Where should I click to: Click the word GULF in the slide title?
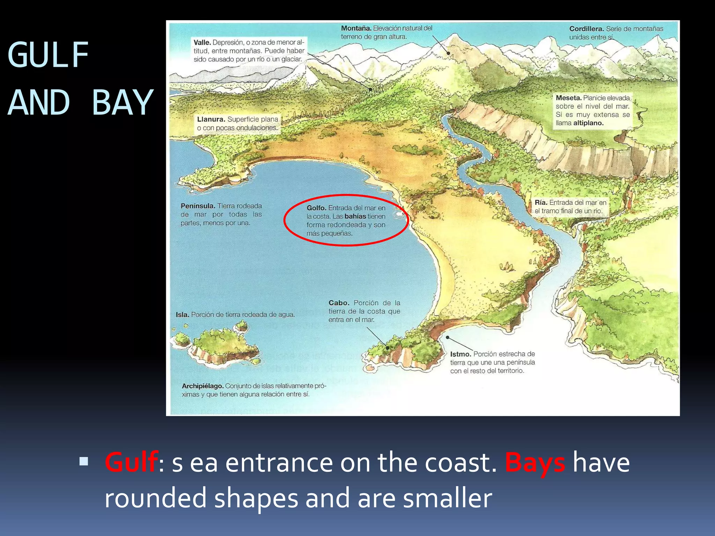[48, 55]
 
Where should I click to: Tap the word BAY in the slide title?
[122, 103]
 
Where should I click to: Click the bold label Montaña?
[356, 28]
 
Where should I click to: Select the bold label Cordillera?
[586, 29]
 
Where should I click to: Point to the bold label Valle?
[202, 43]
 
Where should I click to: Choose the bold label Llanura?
[211, 119]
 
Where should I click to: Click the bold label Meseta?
[568, 98]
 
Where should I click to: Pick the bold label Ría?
[541, 203]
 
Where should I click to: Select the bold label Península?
[198, 206]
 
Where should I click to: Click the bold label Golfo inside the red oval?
[316, 208]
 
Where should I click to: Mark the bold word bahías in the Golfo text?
[355, 216]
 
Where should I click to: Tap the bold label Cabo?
[339, 303]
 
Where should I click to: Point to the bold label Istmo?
[460, 354]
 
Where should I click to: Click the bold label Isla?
[182, 315]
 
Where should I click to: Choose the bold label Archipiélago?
[202, 386]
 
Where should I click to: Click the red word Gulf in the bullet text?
[131, 462]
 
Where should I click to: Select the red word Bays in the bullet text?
[535, 462]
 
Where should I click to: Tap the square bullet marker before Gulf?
[84, 462]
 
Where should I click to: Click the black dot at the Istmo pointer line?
[448, 337]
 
